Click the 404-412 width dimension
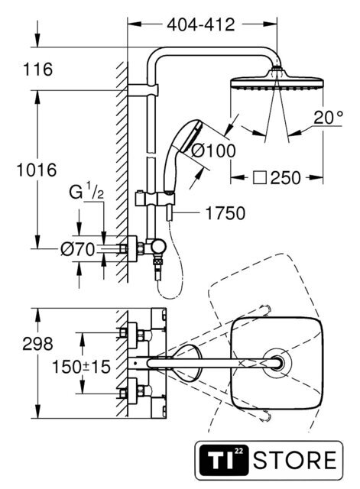pyautogui.click(x=200, y=24)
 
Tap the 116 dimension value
pyautogui.click(x=37, y=69)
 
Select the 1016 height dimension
pyautogui.click(x=37, y=170)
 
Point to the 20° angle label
pyautogui.click(x=328, y=118)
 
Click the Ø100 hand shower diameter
pyautogui.click(x=213, y=151)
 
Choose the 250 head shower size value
pyautogui.click(x=285, y=178)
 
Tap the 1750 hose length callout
pyautogui.click(x=225, y=213)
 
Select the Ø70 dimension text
pyautogui.click(x=77, y=249)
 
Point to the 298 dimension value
pyautogui.click(x=37, y=344)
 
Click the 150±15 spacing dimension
pyautogui.click(x=81, y=367)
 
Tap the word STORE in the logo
pyautogui.click(x=295, y=460)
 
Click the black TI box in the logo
pyautogui.click(x=224, y=460)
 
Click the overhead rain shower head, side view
pyautogui.click(x=277, y=80)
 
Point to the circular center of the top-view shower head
pyautogui.click(x=277, y=364)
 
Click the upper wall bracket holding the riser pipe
pyautogui.click(x=143, y=90)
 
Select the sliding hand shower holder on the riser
pyautogui.click(x=155, y=199)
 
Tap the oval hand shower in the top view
pyautogui.click(x=186, y=364)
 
